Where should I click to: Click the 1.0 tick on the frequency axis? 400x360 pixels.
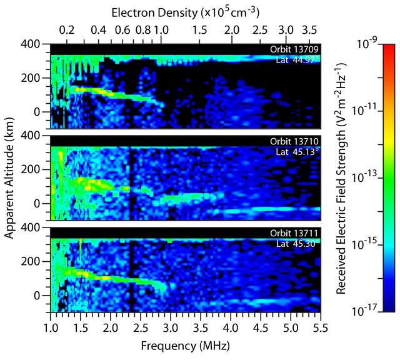click(x=51, y=327)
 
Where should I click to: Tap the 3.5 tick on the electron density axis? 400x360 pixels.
click(x=309, y=29)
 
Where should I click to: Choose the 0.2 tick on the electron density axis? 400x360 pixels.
click(x=67, y=29)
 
